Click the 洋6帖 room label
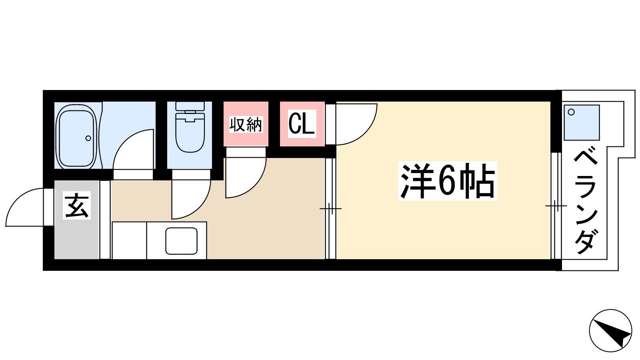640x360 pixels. pyautogui.click(x=448, y=181)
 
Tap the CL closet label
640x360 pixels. pyautogui.click(x=302, y=124)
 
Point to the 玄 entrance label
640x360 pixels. pyautogui.click(x=76, y=206)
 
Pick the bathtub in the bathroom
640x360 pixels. pyautogui.click(x=76, y=136)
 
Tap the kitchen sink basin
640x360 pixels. pyautogui.click(x=182, y=241)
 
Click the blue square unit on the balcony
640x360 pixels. pyautogui.click(x=582, y=122)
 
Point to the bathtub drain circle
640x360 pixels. pyautogui.click(x=88, y=138)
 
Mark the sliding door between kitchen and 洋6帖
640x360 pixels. pyautogui.click(x=330, y=208)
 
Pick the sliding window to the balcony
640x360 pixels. pyautogui.click(x=556, y=206)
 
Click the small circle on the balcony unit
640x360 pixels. pyautogui.click(x=571, y=112)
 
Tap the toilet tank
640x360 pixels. pyautogui.click(x=190, y=106)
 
